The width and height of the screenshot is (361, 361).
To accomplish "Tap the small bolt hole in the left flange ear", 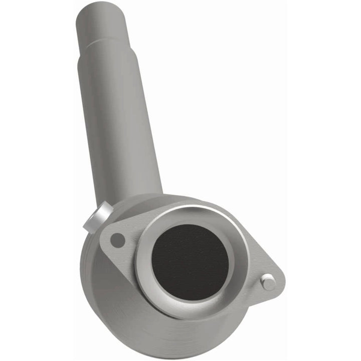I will (117, 240).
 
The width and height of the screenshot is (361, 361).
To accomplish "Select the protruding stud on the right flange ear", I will (268, 282).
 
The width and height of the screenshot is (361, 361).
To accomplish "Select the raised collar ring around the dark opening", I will (145, 281).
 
